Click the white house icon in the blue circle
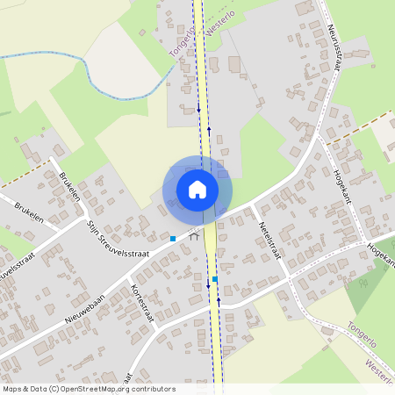coord(197,189)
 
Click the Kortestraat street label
coord(141,304)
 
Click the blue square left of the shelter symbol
coord(174,239)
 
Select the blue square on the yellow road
coord(214,279)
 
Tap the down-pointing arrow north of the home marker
coord(198,110)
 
